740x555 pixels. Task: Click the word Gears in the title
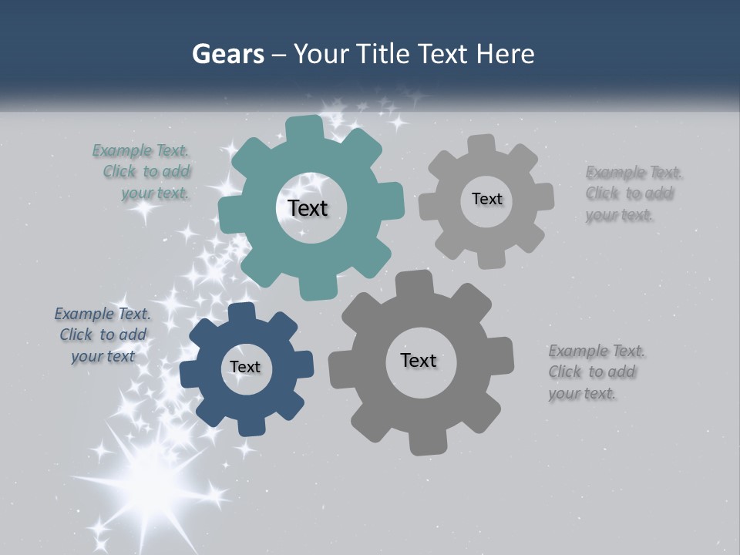[x=227, y=54]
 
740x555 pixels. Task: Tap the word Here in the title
[x=506, y=54]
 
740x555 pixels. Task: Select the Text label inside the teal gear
[x=308, y=208]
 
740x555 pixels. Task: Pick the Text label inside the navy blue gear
[x=244, y=367]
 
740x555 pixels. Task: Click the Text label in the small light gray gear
[x=486, y=199]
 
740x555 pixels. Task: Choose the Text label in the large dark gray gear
[x=418, y=360]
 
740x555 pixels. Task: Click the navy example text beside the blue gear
[x=103, y=335]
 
